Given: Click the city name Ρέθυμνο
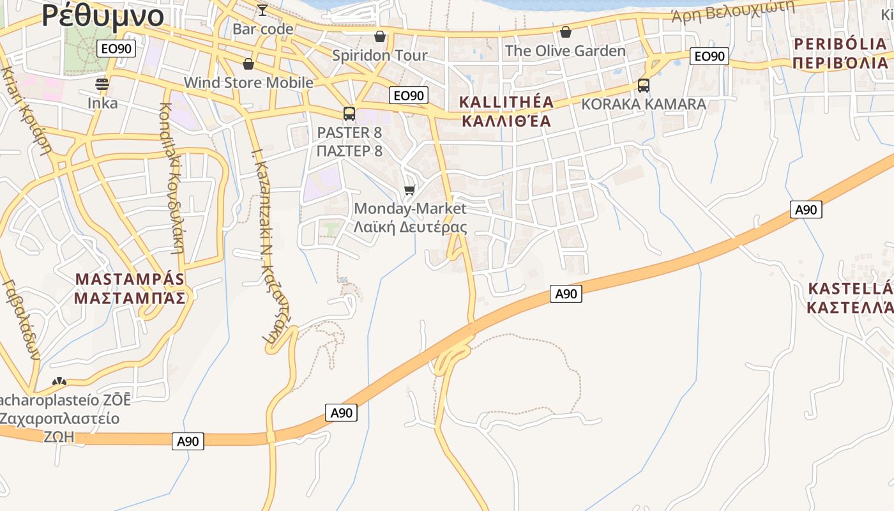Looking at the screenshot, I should (102, 16).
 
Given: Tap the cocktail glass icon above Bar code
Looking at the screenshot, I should (262, 10).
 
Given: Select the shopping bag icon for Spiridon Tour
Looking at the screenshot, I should (380, 36).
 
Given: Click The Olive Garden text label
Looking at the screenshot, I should (565, 50).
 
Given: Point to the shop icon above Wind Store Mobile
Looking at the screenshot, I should (248, 64).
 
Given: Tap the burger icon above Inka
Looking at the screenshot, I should (102, 84).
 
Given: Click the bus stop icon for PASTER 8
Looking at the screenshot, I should (349, 114).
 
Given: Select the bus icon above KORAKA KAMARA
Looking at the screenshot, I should (643, 86).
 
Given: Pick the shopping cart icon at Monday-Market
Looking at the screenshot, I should (410, 190).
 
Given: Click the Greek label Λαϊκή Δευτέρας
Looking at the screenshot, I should (410, 227).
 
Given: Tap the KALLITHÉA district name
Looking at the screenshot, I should (506, 102).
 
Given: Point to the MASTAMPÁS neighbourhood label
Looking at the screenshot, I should (130, 279).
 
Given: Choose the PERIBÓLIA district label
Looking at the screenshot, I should (840, 44).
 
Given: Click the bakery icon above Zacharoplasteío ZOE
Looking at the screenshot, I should (59, 381).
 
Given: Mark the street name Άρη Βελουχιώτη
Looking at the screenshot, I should (732, 12).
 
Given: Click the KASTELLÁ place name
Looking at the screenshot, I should (849, 289).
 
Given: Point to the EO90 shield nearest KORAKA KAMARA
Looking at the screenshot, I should (709, 56).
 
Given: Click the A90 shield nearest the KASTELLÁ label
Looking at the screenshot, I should (806, 210).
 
